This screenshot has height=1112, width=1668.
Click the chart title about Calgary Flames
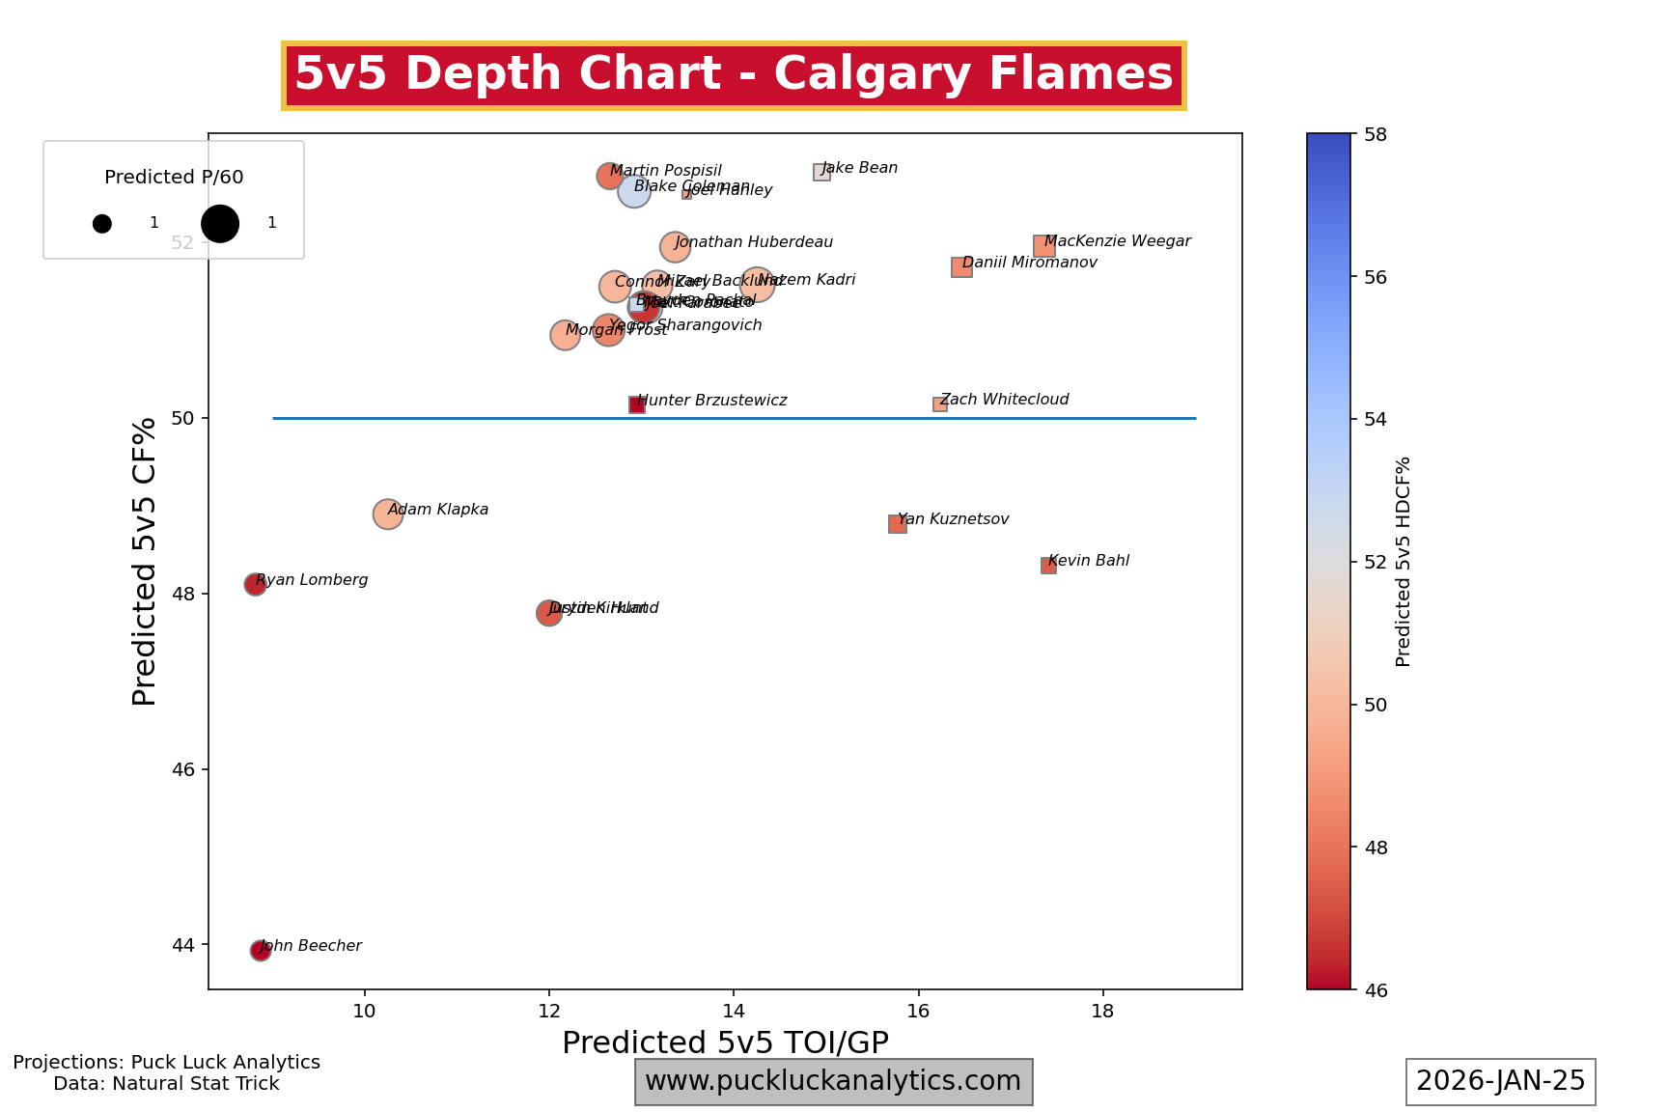click(734, 75)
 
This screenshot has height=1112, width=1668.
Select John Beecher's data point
click(260, 951)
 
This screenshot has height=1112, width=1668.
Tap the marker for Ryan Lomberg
click(255, 584)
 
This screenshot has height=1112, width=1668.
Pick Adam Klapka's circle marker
click(387, 514)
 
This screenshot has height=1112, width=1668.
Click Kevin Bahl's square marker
click(1048, 566)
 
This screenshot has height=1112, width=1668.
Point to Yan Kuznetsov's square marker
click(897, 523)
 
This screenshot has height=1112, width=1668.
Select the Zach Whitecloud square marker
click(939, 404)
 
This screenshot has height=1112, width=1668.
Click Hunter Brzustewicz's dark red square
click(637, 404)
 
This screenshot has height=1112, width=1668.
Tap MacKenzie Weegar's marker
click(1043, 246)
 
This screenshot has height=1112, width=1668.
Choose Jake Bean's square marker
click(821, 172)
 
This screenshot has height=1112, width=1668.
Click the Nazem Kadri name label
click(807, 280)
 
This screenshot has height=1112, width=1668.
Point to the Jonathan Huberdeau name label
click(754, 243)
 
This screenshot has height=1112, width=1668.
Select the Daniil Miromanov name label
click(1030, 263)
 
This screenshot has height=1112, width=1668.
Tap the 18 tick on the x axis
click(1102, 1011)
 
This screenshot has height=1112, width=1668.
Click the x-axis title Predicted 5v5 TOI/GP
click(725, 1042)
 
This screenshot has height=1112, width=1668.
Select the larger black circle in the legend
click(220, 223)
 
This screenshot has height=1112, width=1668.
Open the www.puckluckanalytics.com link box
click(833, 1081)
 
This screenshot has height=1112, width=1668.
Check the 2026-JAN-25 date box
click(1500, 1081)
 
